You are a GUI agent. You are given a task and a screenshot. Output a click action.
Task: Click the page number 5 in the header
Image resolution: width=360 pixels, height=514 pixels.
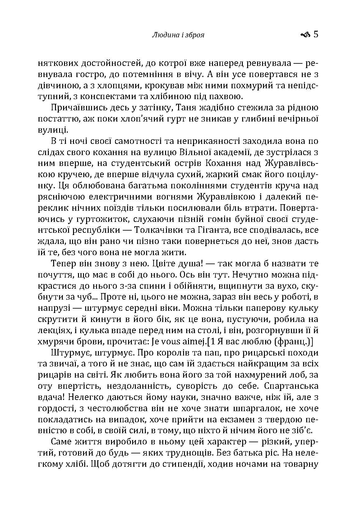[x=316, y=34]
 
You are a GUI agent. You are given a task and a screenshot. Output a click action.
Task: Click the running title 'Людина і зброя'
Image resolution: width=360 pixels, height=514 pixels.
[x=178, y=35]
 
